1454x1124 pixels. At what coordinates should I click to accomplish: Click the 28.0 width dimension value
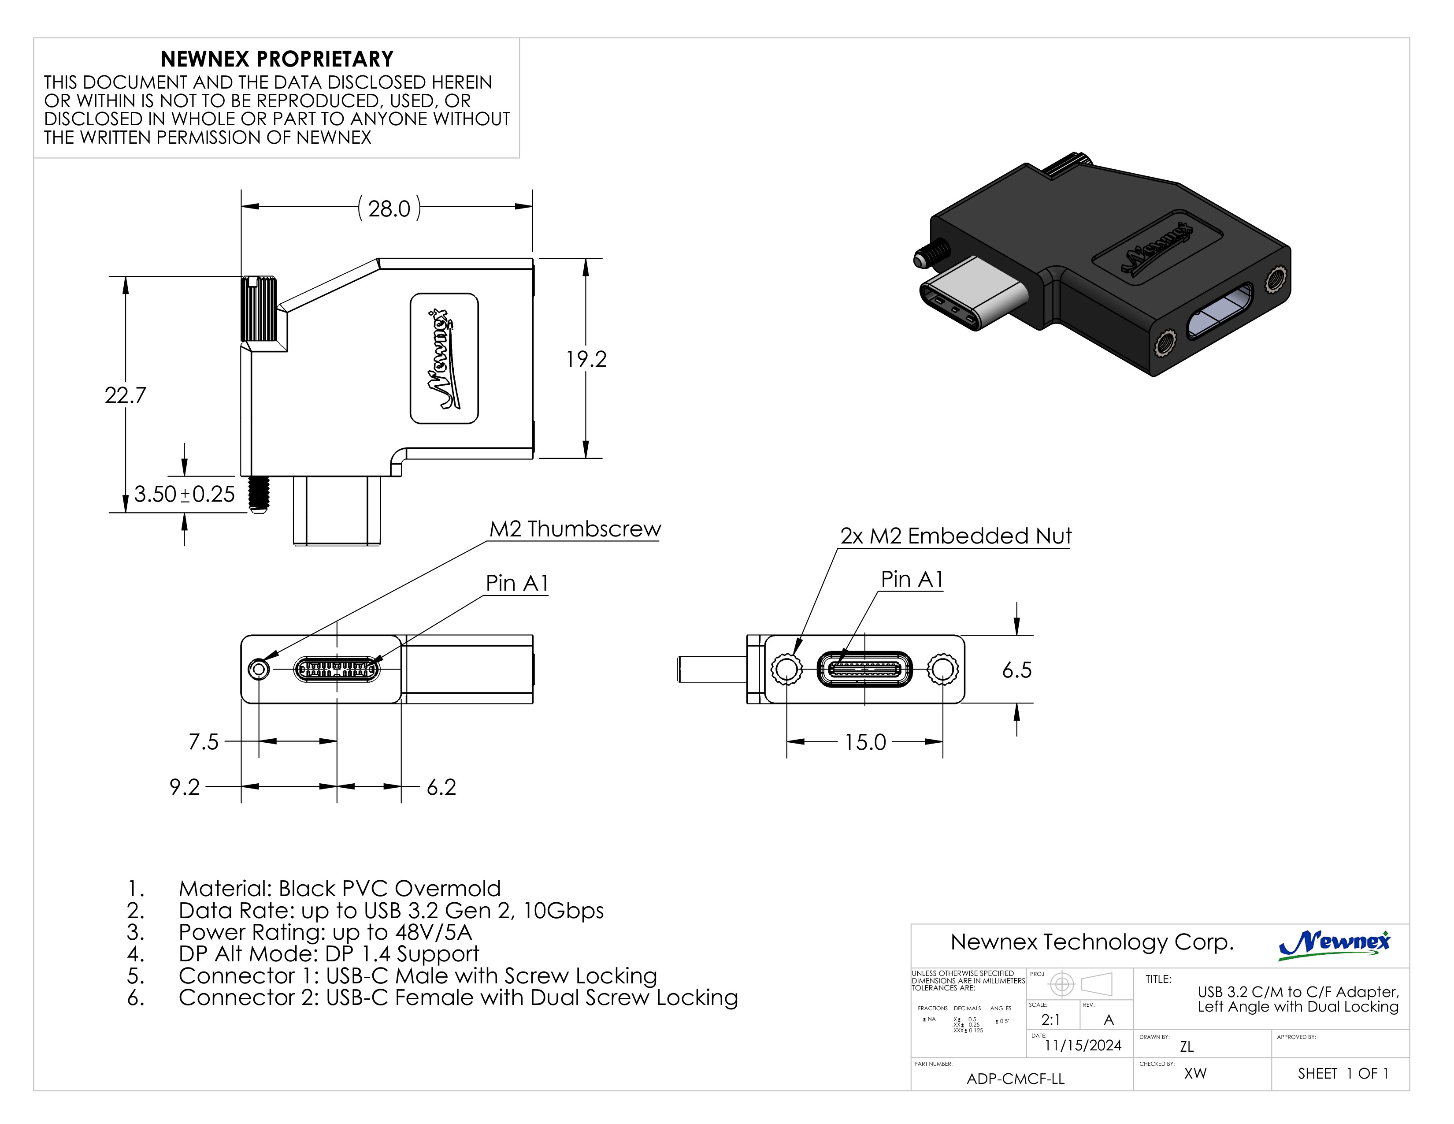click(x=389, y=209)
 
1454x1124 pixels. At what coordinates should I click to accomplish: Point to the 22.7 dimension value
click(x=125, y=395)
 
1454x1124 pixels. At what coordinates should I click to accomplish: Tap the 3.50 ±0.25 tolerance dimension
click(x=185, y=495)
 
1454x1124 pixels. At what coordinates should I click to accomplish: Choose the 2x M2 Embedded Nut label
click(x=955, y=536)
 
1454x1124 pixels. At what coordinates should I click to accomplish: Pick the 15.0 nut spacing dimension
click(x=865, y=742)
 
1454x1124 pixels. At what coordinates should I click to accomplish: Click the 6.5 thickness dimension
click(x=1016, y=670)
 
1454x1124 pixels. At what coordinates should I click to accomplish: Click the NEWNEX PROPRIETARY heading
click(x=277, y=59)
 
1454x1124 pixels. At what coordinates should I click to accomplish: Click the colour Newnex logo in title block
click(x=1334, y=944)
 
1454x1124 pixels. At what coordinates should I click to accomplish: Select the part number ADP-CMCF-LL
click(x=1015, y=1079)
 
